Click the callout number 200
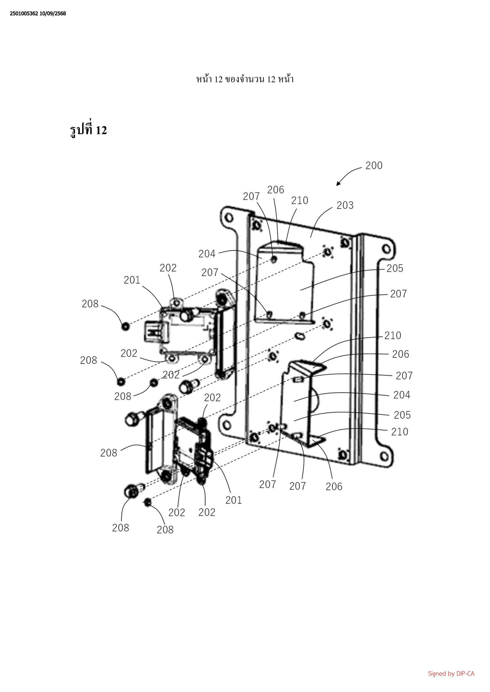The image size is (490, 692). tap(374, 166)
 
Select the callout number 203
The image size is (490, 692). tap(345, 205)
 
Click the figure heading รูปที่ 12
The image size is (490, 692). tap(88, 130)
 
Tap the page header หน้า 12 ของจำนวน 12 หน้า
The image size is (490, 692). tap(245, 79)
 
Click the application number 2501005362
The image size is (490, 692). tap(24, 14)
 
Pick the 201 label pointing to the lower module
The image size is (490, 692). tap(233, 500)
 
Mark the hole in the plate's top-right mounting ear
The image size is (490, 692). tap(386, 249)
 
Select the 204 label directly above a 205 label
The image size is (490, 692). tap(402, 395)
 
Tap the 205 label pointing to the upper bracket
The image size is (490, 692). tap(395, 268)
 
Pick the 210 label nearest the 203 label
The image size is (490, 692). tap(300, 200)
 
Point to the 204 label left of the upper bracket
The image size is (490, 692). tap(207, 254)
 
